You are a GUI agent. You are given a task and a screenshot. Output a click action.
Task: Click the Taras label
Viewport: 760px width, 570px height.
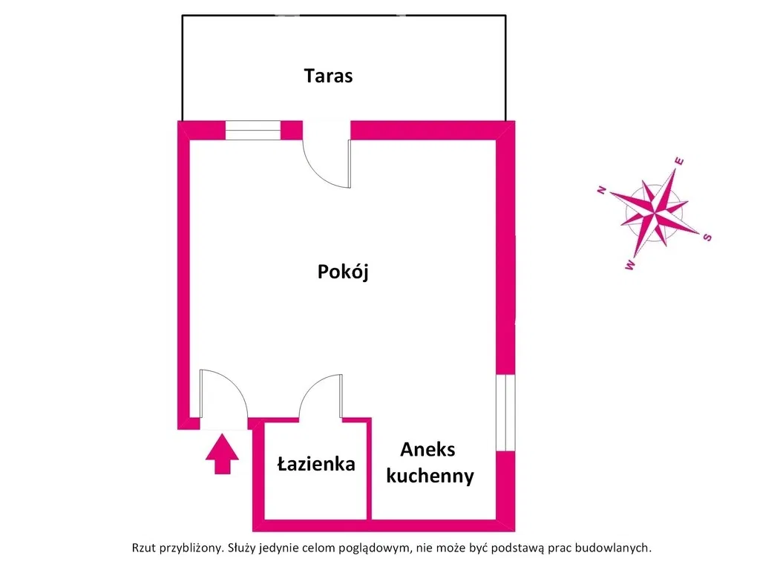[328, 76]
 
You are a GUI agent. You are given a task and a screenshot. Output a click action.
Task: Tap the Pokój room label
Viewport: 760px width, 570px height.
[343, 271]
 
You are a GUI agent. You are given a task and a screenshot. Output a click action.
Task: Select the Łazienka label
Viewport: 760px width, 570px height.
[316, 464]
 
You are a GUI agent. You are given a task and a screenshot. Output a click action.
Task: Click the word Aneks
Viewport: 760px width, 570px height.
[427, 450]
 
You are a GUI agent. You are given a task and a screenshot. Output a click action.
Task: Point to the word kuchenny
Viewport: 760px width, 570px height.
[430, 476]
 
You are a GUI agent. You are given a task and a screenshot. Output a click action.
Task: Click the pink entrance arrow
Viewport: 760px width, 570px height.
[222, 453]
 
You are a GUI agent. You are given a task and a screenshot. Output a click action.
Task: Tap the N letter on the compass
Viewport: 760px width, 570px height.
[602, 190]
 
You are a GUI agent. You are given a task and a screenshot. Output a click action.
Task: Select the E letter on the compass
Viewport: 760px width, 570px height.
[680, 161]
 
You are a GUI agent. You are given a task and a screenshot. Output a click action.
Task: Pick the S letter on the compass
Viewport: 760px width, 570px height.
[707, 237]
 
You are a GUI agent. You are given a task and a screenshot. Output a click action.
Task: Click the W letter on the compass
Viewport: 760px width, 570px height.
[630, 265]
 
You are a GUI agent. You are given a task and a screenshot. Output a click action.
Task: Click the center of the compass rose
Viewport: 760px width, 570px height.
[655, 212]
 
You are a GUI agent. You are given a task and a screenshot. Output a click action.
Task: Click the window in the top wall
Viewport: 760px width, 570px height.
[253, 131]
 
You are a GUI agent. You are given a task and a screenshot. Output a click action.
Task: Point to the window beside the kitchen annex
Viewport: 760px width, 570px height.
[505, 413]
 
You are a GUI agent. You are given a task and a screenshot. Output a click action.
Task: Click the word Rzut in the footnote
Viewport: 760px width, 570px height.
[144, 548]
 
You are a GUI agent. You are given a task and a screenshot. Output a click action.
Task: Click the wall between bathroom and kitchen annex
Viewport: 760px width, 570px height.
[370, 469]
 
